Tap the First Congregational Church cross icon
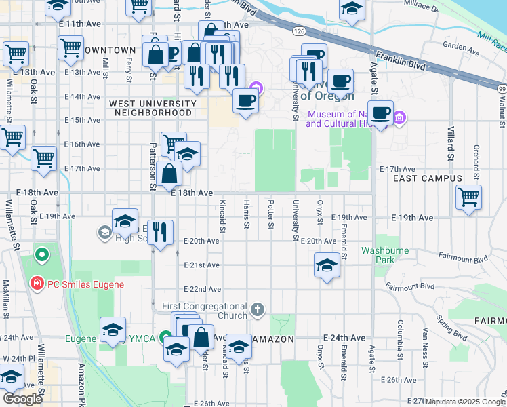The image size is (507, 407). click(x=257, y=310)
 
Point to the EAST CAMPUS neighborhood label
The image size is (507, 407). click(x=428, y=178)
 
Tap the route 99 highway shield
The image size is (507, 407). click(x=501, y=89)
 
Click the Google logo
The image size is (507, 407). click(x=22, y=399)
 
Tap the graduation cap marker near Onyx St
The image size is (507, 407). click(x=327, y=265)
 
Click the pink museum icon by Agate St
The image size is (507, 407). click(x=400, y=118)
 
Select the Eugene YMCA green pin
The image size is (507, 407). click(x=165, y=338)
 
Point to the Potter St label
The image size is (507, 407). click(x=270, y=214)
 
